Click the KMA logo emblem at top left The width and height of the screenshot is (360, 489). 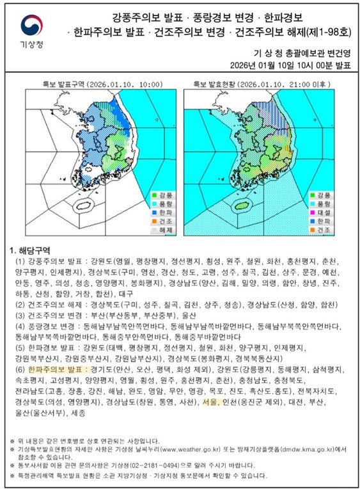pyautogui.click(x=29, y=25)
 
